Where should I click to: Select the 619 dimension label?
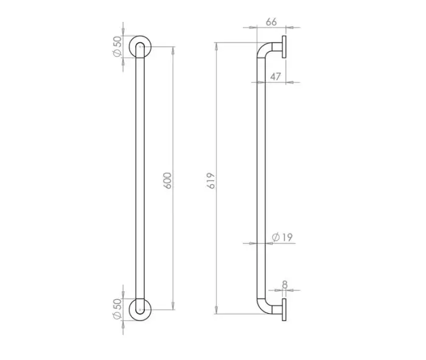tap(211, 181)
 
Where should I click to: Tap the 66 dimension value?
tap(271, 22)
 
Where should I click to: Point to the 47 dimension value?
tap(275, 77)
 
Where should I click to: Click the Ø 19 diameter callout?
tap(282, 237)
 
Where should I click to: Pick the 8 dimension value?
tap(285, 285)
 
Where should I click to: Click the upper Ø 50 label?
tap(117, 46)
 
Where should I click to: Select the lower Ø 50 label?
tap(117, 309)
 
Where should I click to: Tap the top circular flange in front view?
tap(140, 35)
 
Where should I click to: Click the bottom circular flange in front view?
tap(140, 320)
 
